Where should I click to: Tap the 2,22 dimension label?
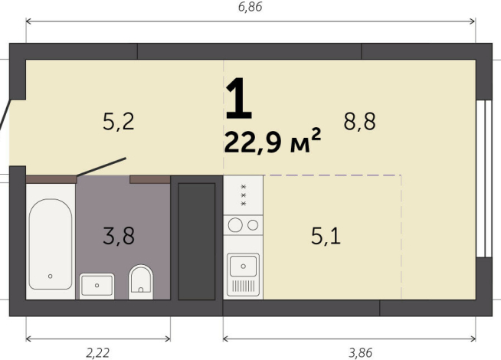click(x=97, y=352)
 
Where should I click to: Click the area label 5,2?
click(x=119, y=120)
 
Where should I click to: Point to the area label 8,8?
click(x=359, y=121)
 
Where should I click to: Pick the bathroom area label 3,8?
click(x=119, y=236)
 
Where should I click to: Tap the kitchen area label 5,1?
click(x=326, y=236)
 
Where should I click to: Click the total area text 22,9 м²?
click(x=271, y=142)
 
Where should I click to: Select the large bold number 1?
click(x=238, y=100)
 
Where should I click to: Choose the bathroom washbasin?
click(x=97, y=286)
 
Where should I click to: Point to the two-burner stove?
click(x=243, y=225)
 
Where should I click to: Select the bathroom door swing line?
click(x=102, y=169)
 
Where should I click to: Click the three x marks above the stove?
click(x=244, y=195)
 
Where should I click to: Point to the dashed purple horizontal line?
click(x=333, y=175)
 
